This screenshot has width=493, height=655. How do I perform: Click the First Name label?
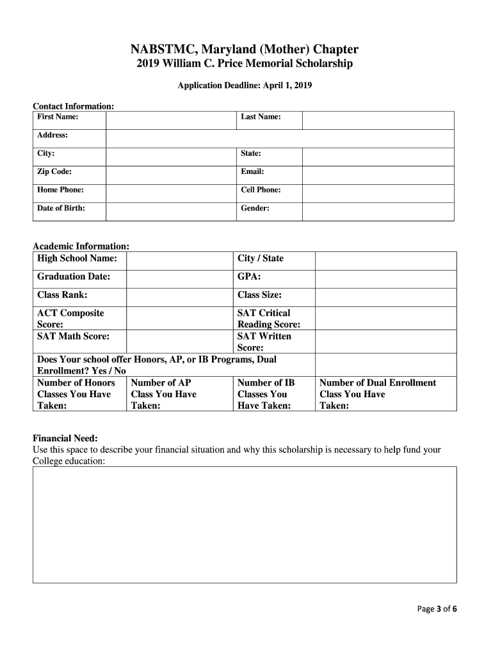tap(58, 117)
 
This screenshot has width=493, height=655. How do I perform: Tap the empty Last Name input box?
tap(378, 120)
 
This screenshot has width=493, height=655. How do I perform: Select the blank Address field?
tap(280, 139)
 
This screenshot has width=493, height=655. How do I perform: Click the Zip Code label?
tap(54, 171)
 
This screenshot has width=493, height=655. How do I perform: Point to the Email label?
tap(252, 171)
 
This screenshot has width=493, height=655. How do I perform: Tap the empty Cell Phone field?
tap(378, 193)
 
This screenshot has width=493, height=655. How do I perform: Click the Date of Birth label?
tap(61, 208)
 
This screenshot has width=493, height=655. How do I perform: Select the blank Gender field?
tap(378, 212)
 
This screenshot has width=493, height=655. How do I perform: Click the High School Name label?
tap(77, 258)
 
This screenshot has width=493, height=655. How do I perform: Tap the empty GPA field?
tap(385, 279)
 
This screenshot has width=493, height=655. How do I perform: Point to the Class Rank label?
tap(62, 295)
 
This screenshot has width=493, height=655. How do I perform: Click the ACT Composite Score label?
tap(70, 319)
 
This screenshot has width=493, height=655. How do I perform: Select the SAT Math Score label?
tap(73, 336)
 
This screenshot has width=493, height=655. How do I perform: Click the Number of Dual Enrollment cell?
tap(378, 393)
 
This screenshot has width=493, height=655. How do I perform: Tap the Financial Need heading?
tap(65, 438)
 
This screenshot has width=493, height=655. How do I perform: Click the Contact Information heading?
tap(74, 106)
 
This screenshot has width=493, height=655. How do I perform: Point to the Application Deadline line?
tap(245, 85)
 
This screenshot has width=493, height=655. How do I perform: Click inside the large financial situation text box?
tap(245, 525)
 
